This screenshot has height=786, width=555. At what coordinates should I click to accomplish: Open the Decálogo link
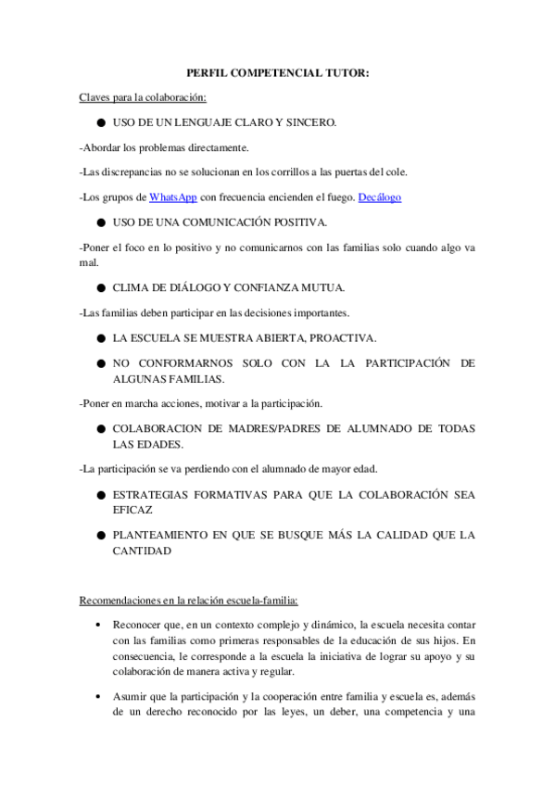click(x=380, y=197)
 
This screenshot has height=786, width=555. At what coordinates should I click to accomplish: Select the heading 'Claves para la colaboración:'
click(x=143, y=96)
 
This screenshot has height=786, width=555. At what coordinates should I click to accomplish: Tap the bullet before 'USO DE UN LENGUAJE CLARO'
click(x=99, y=122)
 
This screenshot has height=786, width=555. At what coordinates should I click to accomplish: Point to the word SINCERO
click(x=308, y=122)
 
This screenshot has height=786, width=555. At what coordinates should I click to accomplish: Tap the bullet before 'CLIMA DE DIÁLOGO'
click(x=99, y=287)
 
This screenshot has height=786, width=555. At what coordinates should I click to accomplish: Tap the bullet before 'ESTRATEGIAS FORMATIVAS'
click(x=99, y=495)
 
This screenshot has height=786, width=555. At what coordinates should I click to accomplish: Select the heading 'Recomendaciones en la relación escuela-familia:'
click(x=188, y=601)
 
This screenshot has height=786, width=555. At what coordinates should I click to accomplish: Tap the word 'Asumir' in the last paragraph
click(x=131, y=698)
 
